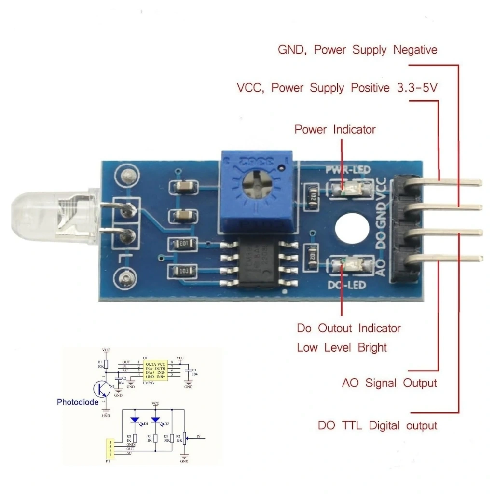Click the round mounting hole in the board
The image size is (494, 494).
[x=352, y=228]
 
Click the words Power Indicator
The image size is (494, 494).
[x=335, y=129]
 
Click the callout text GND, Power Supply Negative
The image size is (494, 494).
[x=357, y=50]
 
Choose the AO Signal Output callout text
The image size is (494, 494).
[x=389, y=383]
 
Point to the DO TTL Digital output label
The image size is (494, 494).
[x=377, y=425]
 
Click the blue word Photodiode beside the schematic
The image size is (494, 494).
[x=78, y=402]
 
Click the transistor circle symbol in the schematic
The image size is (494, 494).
[x=102, y=388]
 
